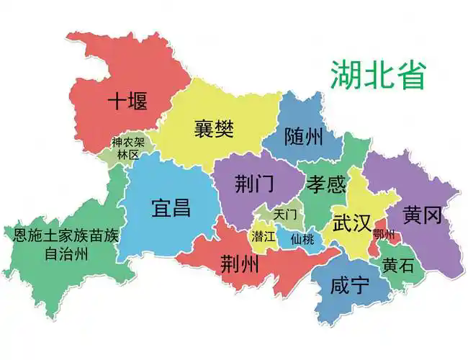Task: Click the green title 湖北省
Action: [379, 75]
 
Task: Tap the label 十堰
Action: [127, 102]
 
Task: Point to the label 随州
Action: [303, 136]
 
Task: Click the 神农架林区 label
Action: [128, 148]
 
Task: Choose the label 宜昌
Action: [171, 209]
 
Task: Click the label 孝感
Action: [326, 184]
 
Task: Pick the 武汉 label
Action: [351, 222]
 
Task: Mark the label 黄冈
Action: [422, 215]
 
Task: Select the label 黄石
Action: [398, 265]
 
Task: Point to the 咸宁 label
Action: [349, 286]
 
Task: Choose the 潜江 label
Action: [264, 235]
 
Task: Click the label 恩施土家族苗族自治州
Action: [66, 244]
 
